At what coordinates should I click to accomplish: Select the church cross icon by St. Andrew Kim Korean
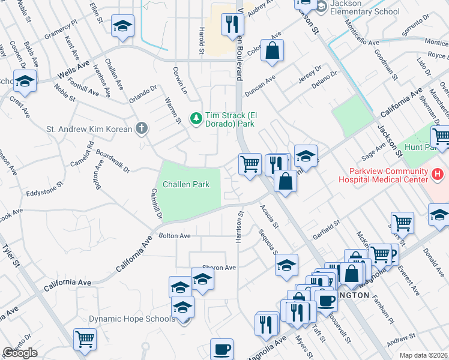(x=141, y=128)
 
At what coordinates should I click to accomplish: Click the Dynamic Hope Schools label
(x=132, y=319)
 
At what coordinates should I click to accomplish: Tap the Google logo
(x=20, y=353)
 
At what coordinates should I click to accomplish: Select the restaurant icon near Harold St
(x=231, y=25)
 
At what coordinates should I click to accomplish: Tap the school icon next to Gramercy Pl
(x=122, y=26)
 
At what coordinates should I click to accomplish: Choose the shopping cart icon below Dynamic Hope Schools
(x=85, y=339)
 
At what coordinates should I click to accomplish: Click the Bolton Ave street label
(x=175, y=236)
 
